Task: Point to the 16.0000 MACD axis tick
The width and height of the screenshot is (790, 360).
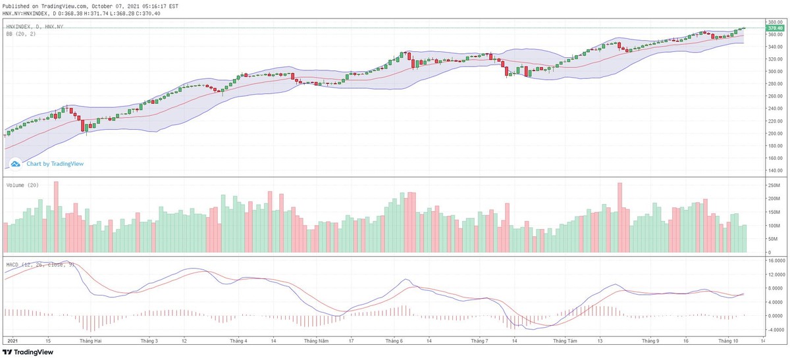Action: (774, 261)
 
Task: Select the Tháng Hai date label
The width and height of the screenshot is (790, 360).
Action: (90, 342)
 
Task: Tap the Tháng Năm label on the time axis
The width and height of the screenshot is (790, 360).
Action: (316, 342)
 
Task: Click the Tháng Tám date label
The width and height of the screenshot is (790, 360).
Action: (565, 342)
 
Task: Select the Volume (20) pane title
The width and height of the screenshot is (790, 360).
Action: (22, 186)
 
